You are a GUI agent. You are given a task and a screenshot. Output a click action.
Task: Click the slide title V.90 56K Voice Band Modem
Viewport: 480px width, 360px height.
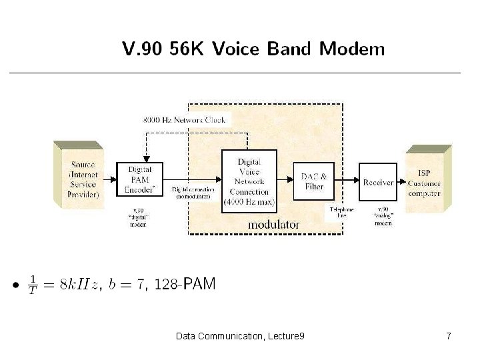253,49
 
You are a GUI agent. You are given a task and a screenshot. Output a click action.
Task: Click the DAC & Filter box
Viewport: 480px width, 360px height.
313,181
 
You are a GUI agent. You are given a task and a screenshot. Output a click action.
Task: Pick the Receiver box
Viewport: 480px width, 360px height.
378,181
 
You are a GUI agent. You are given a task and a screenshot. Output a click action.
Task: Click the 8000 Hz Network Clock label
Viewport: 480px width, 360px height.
186,121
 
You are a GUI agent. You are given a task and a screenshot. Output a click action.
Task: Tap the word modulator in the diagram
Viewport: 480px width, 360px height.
273,225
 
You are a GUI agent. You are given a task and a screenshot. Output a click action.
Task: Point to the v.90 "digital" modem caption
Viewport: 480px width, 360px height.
138,218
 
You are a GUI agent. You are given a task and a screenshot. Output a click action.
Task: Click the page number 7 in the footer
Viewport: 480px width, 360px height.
449,337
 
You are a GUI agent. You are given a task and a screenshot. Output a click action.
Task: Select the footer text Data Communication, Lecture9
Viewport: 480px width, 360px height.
240,337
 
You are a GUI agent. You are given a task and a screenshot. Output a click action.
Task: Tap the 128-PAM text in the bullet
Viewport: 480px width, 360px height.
185,285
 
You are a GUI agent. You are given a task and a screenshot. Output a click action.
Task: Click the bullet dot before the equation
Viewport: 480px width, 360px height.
14,287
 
